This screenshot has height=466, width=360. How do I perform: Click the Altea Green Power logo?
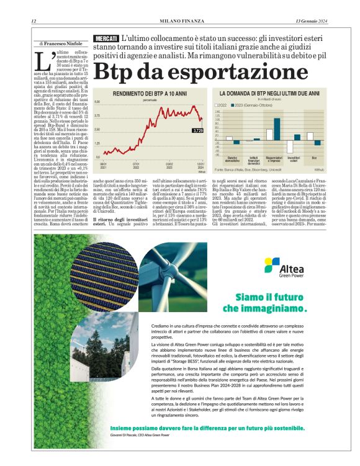[282, 268]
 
